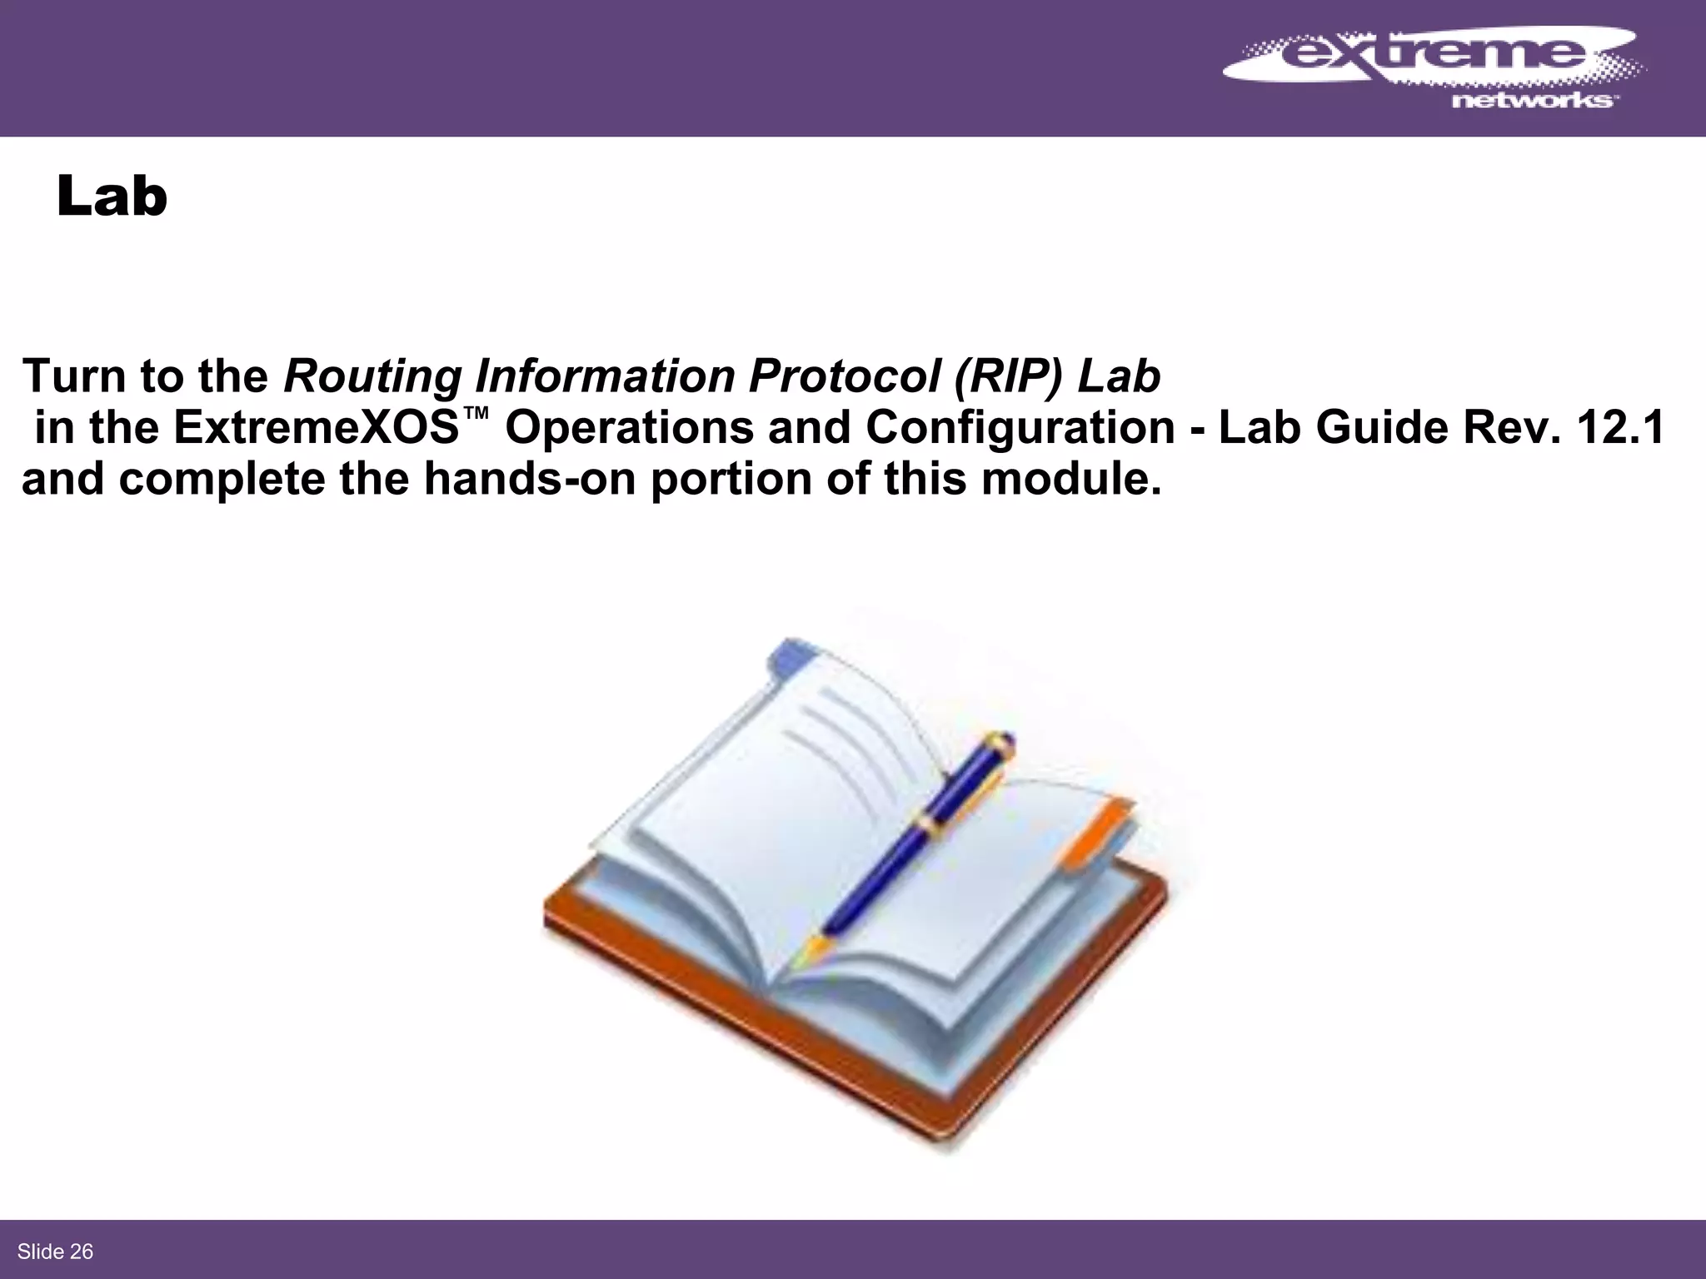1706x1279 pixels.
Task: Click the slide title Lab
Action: [x=112, y=197]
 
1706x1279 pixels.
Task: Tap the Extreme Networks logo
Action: [x=1432, y=70]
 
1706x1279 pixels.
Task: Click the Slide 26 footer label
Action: [x=55, y=1252]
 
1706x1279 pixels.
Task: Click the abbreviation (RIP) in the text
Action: [x=1009, y=376]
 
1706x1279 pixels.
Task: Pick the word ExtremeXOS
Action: [x=317, y=428]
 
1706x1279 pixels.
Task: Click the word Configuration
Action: [x=1020, y=428]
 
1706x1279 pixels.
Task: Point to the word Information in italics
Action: [x=605, y=376]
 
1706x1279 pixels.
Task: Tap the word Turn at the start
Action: [x=74, y=376]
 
